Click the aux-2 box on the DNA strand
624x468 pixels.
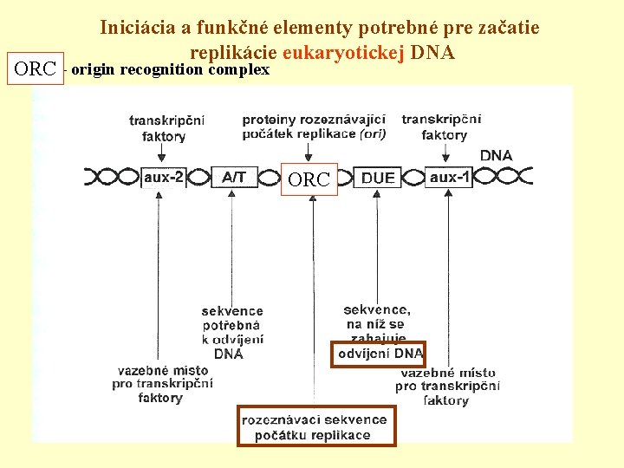coord(164,177)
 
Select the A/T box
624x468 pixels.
coord(234,177)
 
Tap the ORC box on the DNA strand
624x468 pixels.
coord(309,179)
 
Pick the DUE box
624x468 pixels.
coord(378,178)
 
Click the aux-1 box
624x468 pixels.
coord(451,177)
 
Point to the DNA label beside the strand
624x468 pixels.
coord(496,156)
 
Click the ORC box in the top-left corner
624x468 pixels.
coord(36,69)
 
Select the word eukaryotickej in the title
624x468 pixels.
coord(352,51)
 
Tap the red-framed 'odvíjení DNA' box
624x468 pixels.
coord(380,354)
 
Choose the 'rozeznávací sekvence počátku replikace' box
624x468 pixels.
coord(316,426)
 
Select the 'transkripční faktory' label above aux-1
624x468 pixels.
coord(445,127)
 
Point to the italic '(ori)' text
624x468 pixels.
coord(374,134)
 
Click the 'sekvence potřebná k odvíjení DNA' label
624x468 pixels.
coord(231,332)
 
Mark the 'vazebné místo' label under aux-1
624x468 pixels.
coord(447,386)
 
